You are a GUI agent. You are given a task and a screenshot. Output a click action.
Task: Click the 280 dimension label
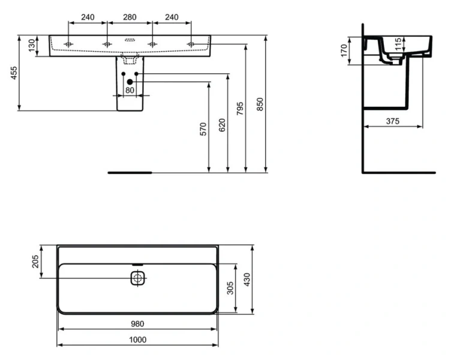[x=130, y=17]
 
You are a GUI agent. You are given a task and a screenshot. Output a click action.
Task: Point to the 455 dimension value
[x=14, y=73]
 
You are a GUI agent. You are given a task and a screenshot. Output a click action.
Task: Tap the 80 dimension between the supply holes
[x=130, y=91]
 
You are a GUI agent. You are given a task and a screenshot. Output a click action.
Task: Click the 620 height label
[x=222, y=124]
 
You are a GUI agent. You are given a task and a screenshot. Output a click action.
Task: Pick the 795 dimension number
[x=240, y=109]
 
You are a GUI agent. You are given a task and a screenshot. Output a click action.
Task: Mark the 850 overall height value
[x=260, y=104]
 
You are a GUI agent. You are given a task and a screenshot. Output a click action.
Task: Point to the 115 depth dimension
[x=398, y=44]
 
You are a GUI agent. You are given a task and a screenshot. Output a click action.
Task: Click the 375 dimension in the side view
[x=392, y=121]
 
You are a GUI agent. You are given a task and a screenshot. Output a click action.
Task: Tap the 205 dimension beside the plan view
[x=35, y=262]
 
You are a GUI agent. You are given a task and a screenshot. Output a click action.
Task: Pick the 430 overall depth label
[x=248, y=279]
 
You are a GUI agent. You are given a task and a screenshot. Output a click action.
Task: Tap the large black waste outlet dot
[x=130, y=81]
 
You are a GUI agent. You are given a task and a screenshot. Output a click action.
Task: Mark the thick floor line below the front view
[x=130, y=172]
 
